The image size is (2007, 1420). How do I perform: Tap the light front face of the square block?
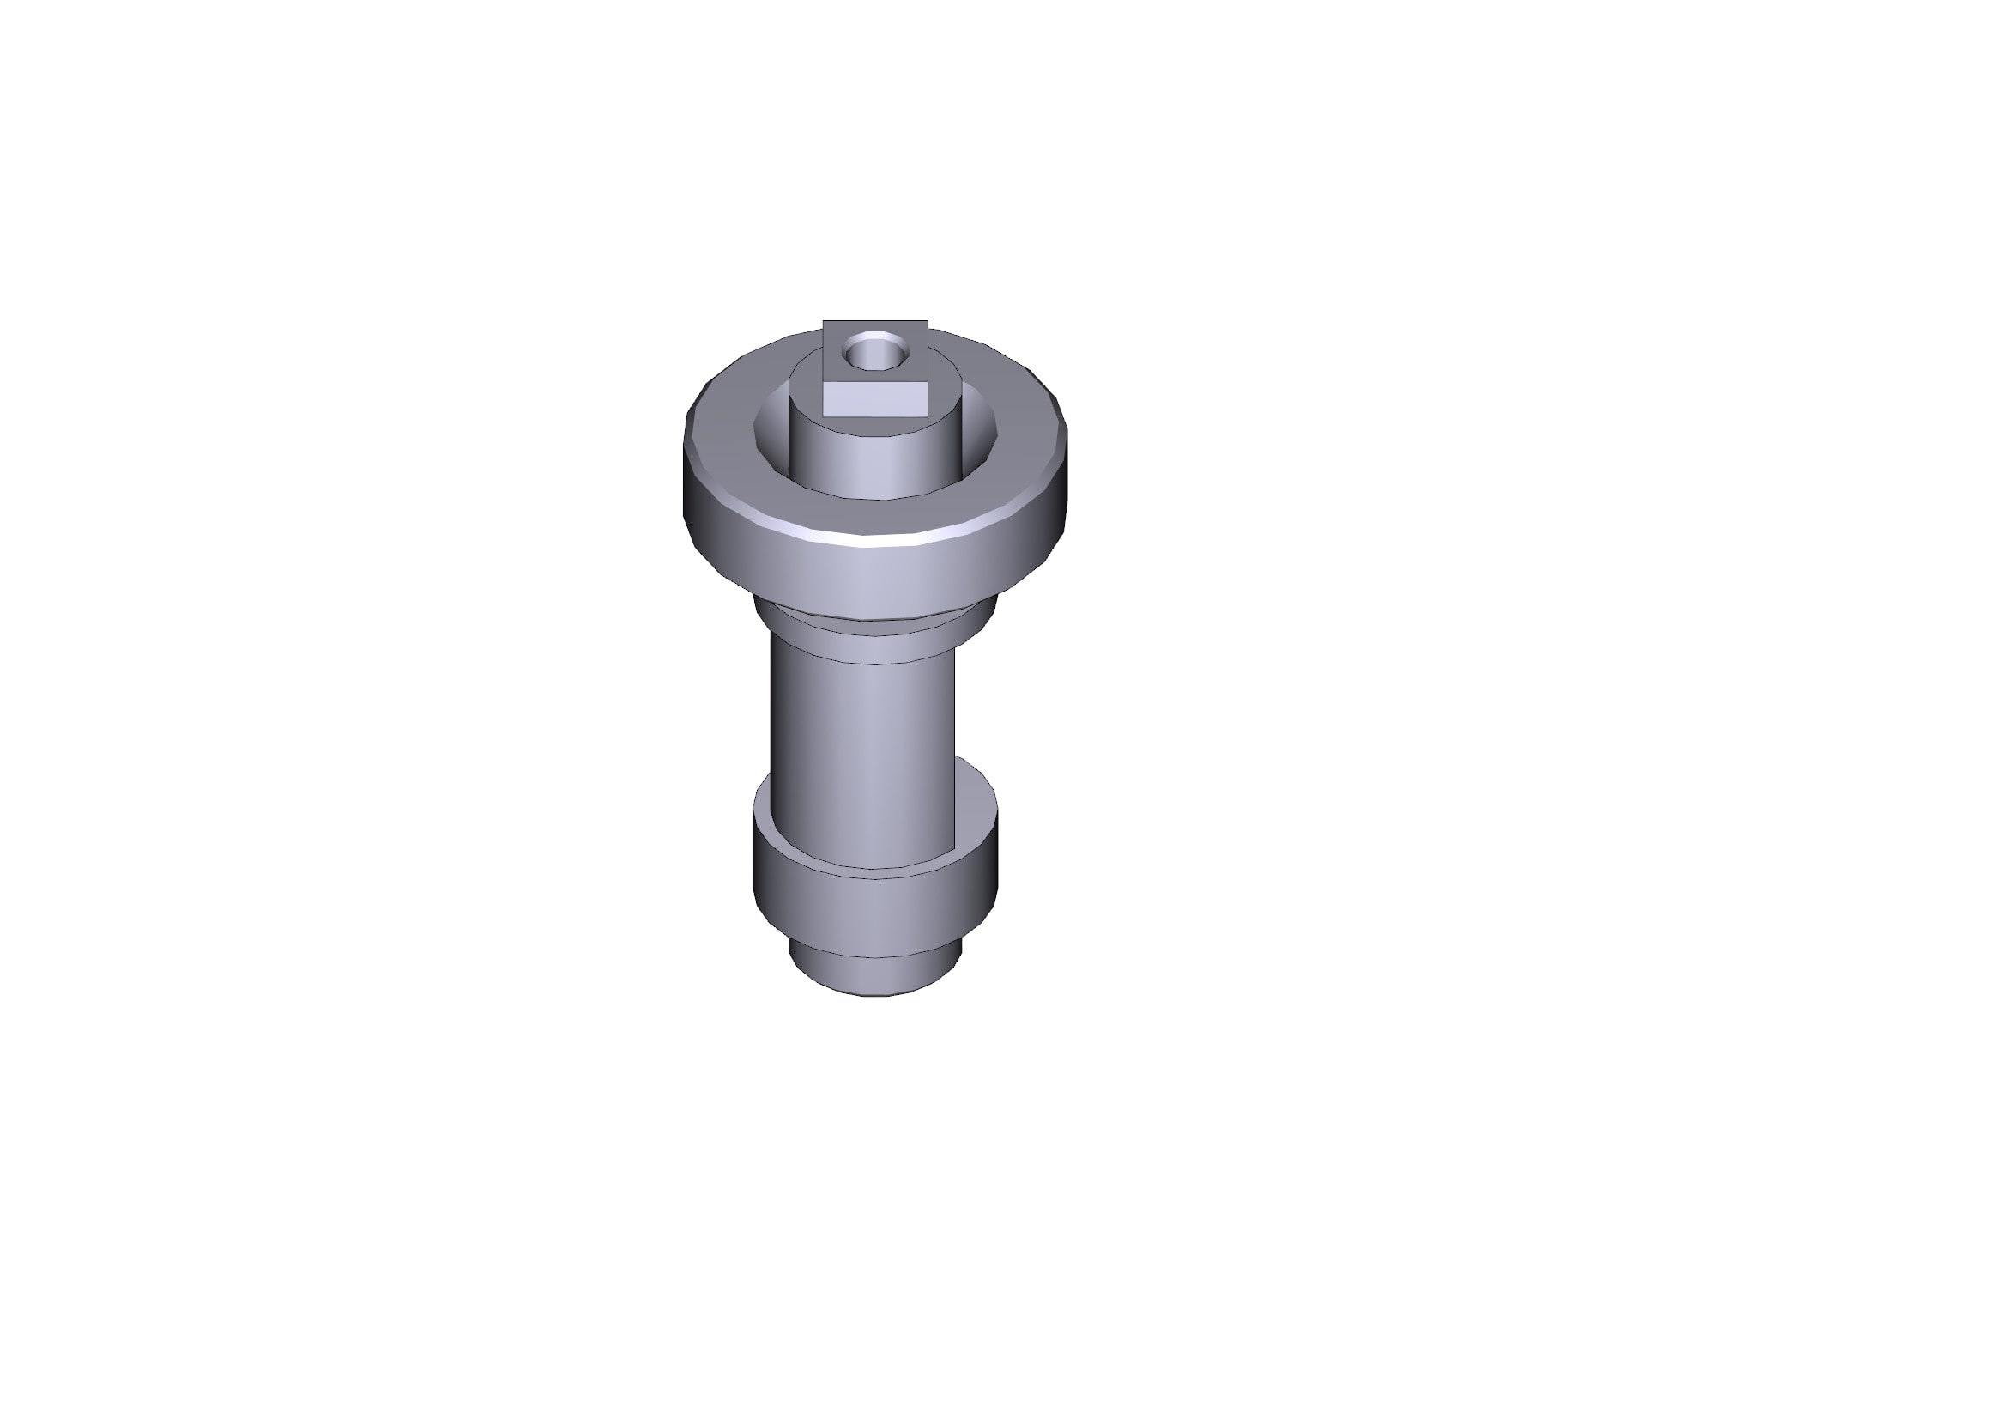click(x=875, y=399)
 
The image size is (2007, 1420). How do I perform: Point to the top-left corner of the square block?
click(x=824, y=321)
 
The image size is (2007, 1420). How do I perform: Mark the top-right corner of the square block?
click(x=928, y=321)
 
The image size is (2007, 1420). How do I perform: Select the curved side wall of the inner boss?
click(x=874, y=464)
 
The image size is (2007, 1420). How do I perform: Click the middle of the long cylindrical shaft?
click(x=864, y=743)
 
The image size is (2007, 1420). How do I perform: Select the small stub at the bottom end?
click(x=874, y=971)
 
